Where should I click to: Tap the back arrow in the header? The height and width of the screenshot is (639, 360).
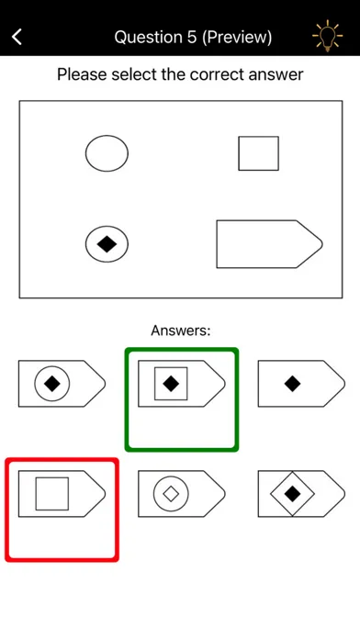pos(17,37)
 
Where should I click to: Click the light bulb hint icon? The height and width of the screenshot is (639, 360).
pos(327,36)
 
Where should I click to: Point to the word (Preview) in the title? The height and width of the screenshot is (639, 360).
pos(237,38)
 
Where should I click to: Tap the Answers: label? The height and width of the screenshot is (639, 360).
pos(181,331)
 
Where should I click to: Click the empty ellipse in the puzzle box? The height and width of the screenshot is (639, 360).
pos(107,153)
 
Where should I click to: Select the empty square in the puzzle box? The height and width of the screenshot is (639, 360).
pos(258,153)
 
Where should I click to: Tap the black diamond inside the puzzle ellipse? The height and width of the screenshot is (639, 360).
pos(107,244)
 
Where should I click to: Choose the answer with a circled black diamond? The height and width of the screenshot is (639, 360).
pos(62,384)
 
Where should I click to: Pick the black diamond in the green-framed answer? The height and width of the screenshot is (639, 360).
pos(171,384)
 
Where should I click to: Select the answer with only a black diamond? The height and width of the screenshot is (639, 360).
pos(301,384)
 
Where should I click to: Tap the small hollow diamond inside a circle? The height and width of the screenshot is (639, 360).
pos(171,494)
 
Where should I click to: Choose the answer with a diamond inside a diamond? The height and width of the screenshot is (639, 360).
pos(301,494)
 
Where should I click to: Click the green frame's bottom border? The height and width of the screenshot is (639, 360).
pos(182,449)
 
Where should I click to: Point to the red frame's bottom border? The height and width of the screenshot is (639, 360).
pos(62,559)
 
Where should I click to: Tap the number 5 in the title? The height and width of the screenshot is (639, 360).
pos(191,38)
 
